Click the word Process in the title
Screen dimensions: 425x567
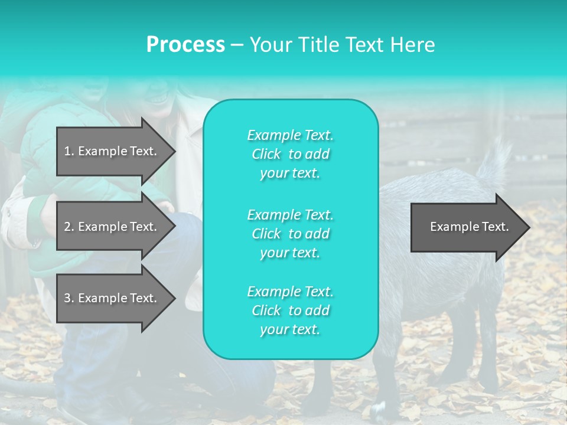click(185, 45)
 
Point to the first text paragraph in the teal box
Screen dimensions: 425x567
click(290, 154)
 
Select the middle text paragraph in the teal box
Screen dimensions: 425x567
click(290, 234)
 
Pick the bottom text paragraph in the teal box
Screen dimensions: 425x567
click(290, 310)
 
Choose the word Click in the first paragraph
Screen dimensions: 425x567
click(266, 154)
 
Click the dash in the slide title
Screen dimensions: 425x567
click(237, 45)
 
